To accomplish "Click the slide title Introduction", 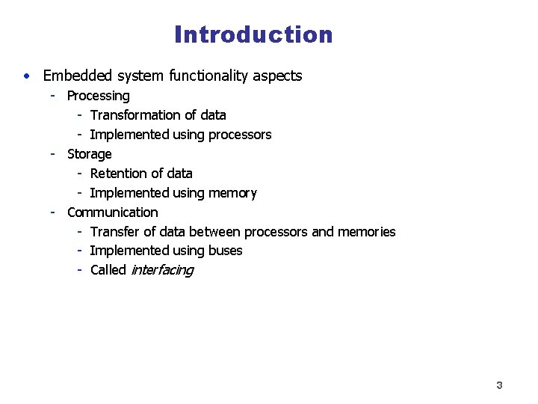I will pos(253,34).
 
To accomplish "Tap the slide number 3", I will pos(499,385).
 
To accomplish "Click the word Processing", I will pos(98,96).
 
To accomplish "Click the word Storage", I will pos(89,154).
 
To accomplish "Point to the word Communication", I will pos(112,212).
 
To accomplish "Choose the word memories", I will pos(366,232).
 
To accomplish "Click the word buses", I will pos(224,251).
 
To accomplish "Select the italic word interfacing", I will pos(161,270).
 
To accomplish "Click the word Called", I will pos(108,270).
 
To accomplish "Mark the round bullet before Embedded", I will pos(26,76).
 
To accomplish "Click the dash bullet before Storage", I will pos(53,154).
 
